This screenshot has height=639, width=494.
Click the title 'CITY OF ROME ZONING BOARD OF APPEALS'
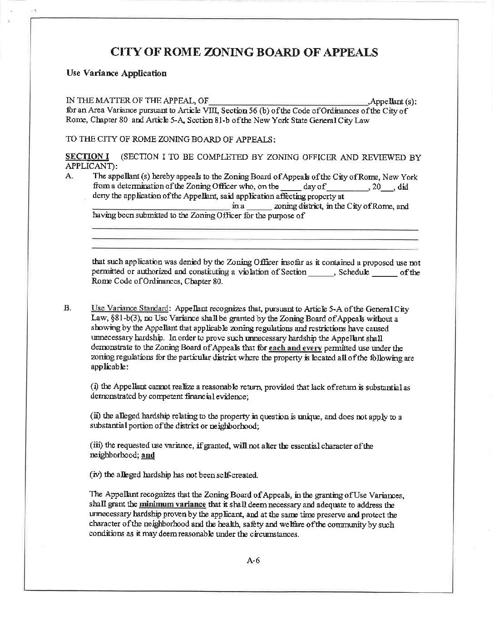244,52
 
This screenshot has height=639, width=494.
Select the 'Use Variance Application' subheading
116,73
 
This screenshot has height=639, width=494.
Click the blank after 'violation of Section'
321,272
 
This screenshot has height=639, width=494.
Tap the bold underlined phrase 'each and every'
295,349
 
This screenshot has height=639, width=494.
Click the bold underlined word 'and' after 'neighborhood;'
148,455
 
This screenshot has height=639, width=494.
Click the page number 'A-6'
253,560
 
